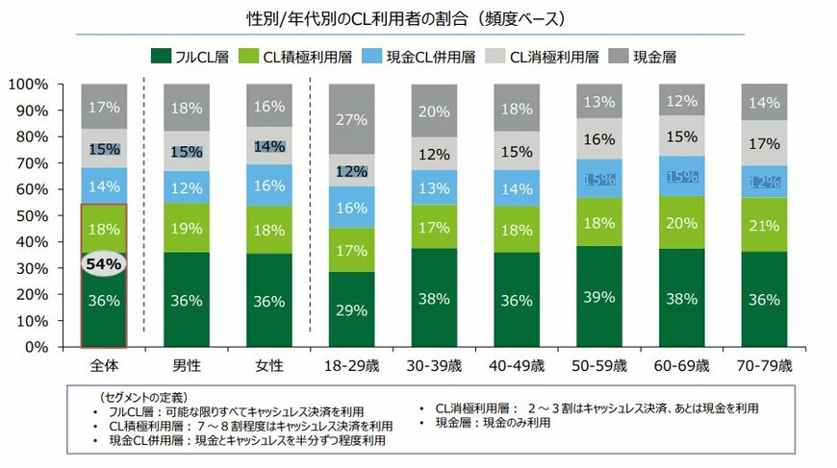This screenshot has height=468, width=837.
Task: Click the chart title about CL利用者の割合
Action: [x=418, y=18]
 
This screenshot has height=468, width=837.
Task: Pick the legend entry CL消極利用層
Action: [x=553, y=57]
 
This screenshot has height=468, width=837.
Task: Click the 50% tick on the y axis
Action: [x=30, y=215]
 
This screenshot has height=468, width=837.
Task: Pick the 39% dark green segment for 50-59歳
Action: [x=597, y=296]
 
